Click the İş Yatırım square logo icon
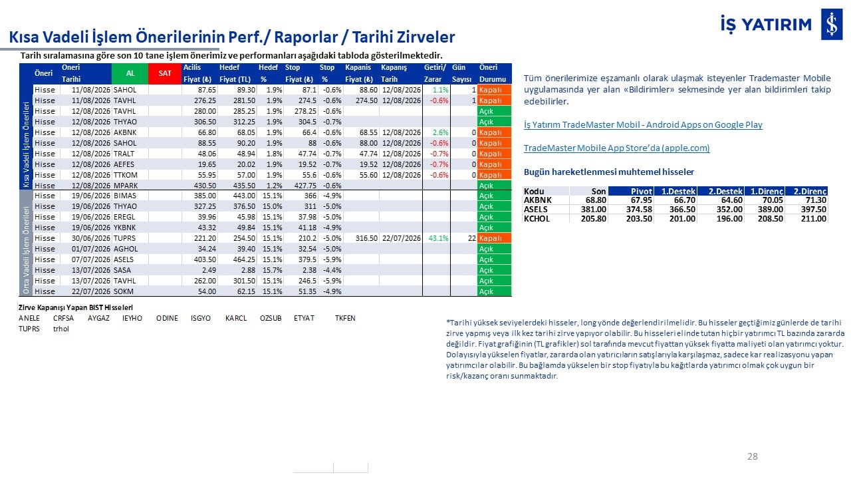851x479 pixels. [832, 25]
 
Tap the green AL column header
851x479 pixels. [130, 73]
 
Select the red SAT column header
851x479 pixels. [165, 73]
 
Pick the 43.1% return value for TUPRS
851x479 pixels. [438, 238]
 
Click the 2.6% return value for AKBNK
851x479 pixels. [440, 132]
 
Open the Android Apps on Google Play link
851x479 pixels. [643, 124]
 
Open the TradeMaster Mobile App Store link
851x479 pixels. [616, 148]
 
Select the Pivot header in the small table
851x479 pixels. [642, 191]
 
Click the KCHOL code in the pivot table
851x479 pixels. [537, 219]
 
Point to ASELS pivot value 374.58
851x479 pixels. [639, 210]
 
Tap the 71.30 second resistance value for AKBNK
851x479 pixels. [816, 200]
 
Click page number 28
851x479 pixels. [752, 456]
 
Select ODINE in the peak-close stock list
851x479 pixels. [167, 318]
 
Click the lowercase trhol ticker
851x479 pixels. [61, 329]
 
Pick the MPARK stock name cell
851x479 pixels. [126, 186]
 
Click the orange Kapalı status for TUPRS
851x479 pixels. [494, 238]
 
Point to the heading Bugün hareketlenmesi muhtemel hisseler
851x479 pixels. [608, 172]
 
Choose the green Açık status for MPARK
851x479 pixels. [494, 186]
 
